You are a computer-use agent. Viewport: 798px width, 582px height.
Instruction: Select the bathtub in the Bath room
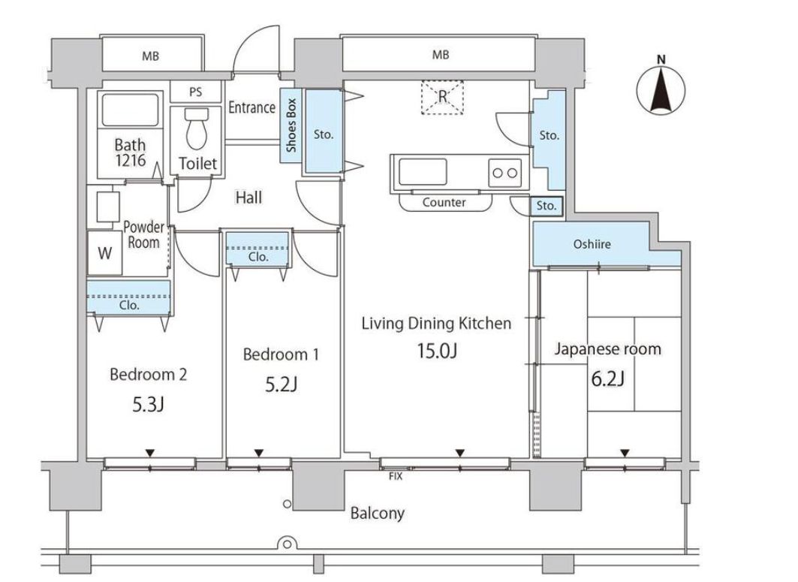pos(130,110)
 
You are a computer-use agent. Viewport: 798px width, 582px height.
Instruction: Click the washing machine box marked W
pos(105,253)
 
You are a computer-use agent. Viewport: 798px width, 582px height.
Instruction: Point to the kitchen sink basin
pos(423,171)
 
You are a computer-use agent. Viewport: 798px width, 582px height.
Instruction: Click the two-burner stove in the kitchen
pos(505,172)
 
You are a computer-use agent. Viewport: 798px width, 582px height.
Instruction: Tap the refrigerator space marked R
pos(442,97)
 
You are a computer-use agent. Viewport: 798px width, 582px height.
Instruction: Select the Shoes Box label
pos(291,125)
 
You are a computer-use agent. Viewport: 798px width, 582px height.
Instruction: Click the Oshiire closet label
pos(592,244)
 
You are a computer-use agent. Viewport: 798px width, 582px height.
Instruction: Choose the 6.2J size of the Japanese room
pos(607,378)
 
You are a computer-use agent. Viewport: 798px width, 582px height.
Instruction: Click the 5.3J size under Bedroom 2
pos(148,405)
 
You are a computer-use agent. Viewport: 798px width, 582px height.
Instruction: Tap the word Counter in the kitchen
pos(444,202)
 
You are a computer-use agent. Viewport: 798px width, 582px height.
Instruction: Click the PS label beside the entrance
pos(195,92)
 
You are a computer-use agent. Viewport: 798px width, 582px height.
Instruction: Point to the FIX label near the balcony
pos(396,476)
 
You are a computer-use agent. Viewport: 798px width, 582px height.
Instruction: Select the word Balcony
pos(377,513)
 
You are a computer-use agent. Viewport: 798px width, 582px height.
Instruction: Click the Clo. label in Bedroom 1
pos(258,257)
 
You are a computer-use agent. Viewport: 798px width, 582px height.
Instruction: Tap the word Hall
pos(248,197)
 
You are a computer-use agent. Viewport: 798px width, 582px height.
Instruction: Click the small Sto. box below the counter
pos(547,206)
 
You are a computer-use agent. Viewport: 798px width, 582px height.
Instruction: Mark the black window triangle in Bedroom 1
pos(258,452)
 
